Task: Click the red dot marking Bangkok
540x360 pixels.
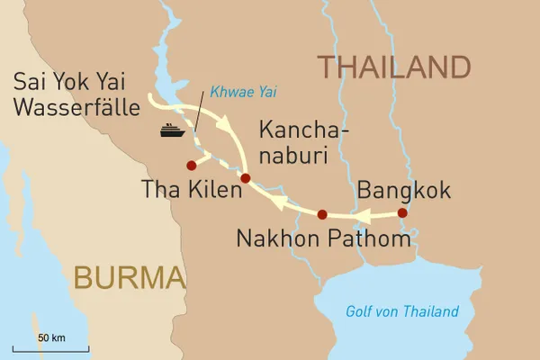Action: pyautogui.click(x=402, y=213)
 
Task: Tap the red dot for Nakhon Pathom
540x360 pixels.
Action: pyautogui.click(x=322, y=214)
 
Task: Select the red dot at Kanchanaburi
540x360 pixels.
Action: pyautogui.click(x=245, y=178)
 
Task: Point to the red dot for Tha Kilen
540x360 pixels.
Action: pyautogui.click(x=191, y=166)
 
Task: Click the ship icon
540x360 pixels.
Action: pyautogui.click(x=172, y=130)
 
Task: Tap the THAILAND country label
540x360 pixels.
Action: pyautogui.click(x=392, y=67)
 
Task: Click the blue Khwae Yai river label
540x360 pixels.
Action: pyautogui.click(x=237, y=90)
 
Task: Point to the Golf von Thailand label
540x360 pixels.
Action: pyautogui.click(x=401, y=311)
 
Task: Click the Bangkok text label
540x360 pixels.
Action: pyautogui.click(x=404, y=190)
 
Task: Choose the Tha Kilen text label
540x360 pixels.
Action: pyautogui.click(x=193, y=190)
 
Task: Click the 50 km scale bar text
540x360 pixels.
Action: pyautogui.click(x=51, y=337)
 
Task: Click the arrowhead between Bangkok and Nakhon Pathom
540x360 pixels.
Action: pyautogui.click(x=365, y=217)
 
